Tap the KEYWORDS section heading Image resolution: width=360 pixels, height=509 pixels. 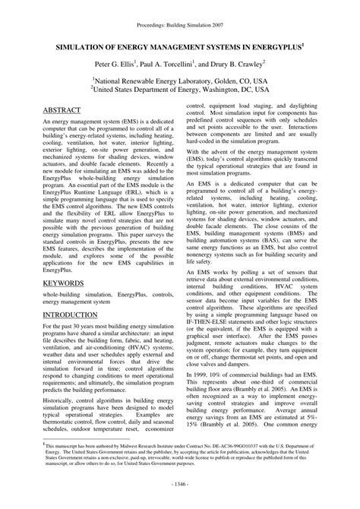pos(65,261)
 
